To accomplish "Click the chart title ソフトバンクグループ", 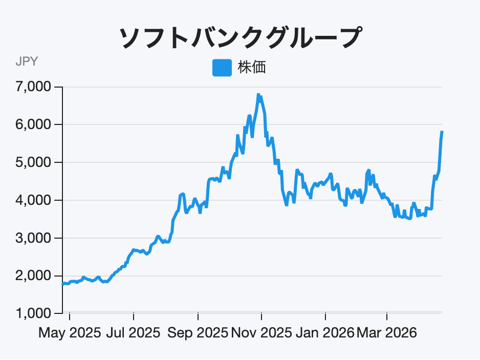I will (239, 38).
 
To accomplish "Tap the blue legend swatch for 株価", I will (222, 67).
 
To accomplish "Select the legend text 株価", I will (251, 67).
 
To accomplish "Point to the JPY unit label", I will (26, 62).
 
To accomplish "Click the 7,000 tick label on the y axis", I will (34, 87).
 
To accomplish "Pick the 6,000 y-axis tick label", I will (34, 125).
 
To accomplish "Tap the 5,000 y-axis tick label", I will (34, 163).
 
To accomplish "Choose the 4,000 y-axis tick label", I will (34, 200).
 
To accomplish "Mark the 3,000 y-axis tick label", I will (34, 238).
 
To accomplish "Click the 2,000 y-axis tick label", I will (34, 276).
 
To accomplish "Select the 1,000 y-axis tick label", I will (34, 313).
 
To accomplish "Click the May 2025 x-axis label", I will (70, 333).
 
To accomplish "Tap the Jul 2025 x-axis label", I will (134, 333).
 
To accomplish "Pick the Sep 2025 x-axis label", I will (198, 333).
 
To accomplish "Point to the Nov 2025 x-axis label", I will (261, 333).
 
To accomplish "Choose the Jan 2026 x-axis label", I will (325, 333).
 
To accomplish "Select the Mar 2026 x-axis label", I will (387, 333).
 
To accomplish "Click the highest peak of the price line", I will (258, 95).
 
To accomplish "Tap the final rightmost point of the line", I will (442, 132).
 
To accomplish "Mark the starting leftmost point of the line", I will (62, 283).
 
